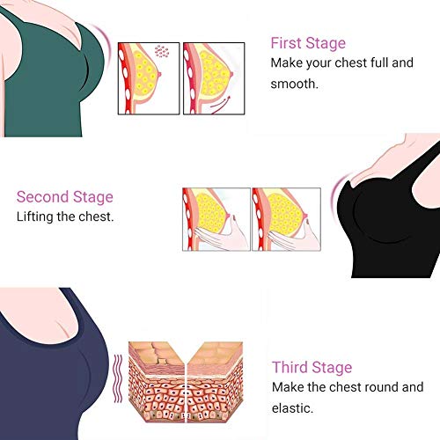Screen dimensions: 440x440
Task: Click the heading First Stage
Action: point(308,43)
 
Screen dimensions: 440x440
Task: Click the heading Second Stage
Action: point(65,197)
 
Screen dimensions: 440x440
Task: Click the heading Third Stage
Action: point(312,367)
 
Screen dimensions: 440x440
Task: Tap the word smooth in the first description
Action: point(294,84)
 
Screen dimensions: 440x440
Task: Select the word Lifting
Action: point(35,217)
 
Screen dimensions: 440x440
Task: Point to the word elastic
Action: point(292,408)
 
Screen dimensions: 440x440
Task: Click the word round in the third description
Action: point(377,387)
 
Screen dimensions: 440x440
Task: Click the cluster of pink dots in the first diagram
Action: point(162,51)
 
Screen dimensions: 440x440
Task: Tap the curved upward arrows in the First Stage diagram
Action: point(221,105)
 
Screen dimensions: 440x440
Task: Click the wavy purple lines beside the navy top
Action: point(118,378)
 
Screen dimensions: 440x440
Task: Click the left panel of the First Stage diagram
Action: point(149,78)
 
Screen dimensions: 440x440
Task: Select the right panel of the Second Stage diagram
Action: point(286,219)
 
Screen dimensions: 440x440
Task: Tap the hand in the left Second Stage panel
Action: point(223,235)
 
